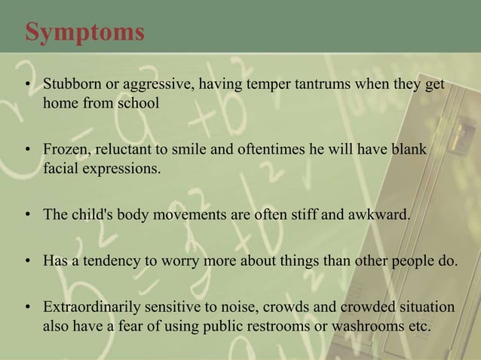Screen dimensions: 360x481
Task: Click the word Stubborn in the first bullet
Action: [70, 84]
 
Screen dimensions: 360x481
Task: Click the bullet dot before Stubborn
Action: [28, 84]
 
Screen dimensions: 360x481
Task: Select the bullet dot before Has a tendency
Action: [28, 261]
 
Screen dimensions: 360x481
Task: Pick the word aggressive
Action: [155, 84]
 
